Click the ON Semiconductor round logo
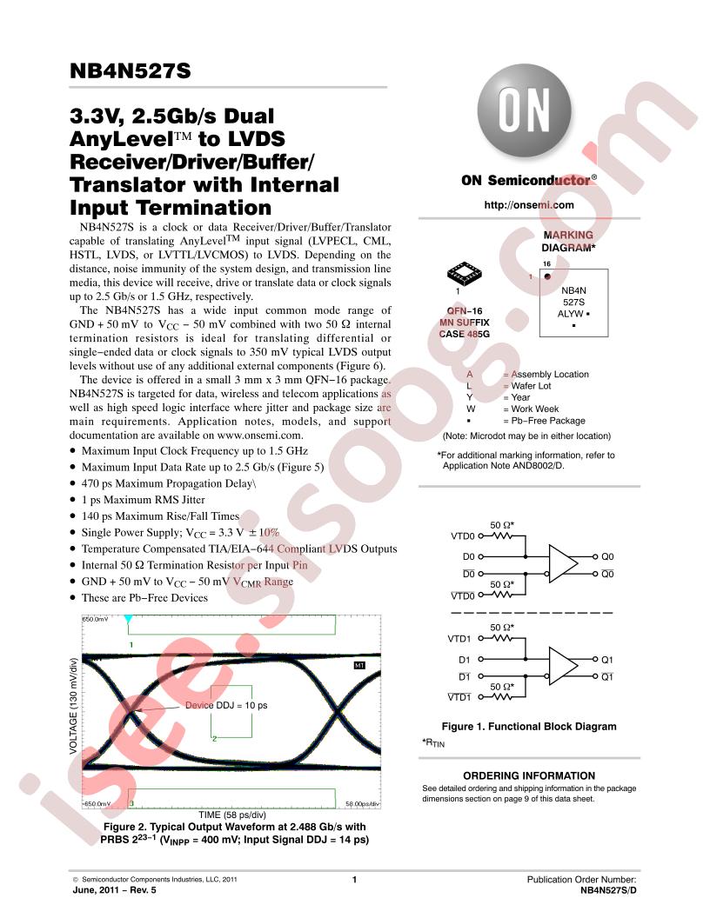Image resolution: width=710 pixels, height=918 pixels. [x=525, y=110]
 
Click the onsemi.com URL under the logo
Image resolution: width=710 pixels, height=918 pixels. [x=529, y=205]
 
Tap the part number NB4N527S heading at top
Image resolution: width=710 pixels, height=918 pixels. [x=130, y=70]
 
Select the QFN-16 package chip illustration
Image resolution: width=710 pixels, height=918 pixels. [x=464, y=272]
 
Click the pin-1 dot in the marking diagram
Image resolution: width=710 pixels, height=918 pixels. [x=547, y=277]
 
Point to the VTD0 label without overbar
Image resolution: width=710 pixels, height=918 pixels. [x=463, y=535]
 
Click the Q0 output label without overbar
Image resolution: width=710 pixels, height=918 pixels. [x=607, y=556]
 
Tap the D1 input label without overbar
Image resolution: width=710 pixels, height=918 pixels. [x=465, y=659]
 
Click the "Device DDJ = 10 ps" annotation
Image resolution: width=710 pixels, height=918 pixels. [x=226, y=706]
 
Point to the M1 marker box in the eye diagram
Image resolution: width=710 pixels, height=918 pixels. [x=359, y=665]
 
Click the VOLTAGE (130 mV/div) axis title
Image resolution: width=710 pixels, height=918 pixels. [x=73, y=706]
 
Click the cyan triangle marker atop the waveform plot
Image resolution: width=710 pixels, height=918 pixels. [x=128, y=619]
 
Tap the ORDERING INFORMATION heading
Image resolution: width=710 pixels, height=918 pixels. [x=529, y=775]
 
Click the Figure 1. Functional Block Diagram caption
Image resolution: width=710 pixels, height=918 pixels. [x=529, y=727]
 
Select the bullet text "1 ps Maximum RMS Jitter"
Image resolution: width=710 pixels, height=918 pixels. [x=143, y=500]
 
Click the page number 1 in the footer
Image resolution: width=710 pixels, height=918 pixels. [x=354, y=880]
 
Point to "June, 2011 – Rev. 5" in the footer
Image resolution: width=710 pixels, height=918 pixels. [x=114, y=890]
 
